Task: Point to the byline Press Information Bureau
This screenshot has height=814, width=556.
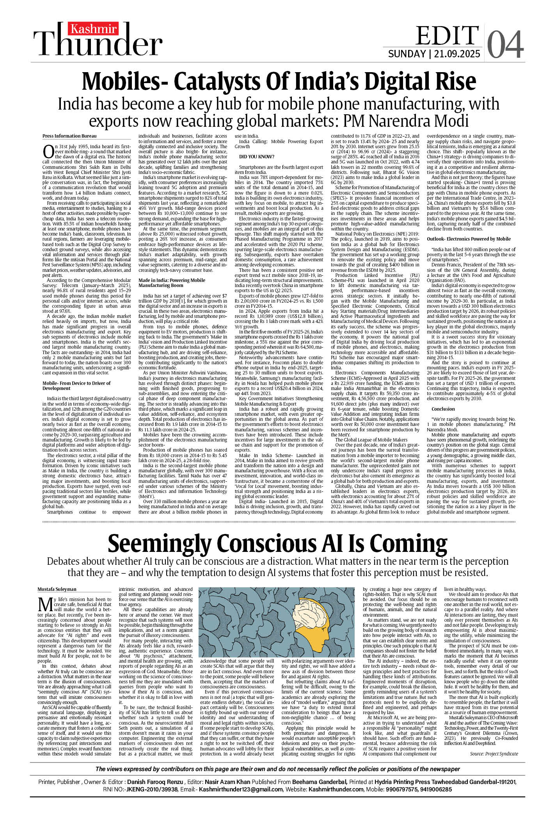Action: point(69,136)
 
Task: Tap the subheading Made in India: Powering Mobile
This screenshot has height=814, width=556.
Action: point(172,280)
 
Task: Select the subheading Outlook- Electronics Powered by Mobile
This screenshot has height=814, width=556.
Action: point(468,239)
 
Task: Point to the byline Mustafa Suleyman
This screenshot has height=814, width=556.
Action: point(57,589)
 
